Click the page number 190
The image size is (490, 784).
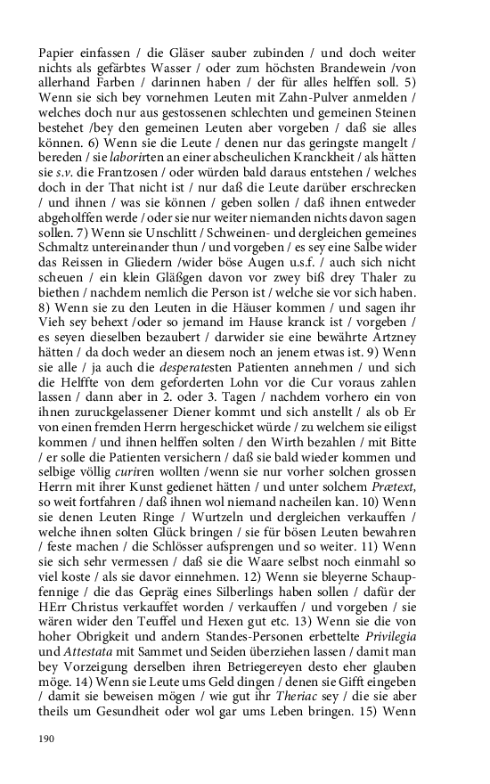point(47,739)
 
